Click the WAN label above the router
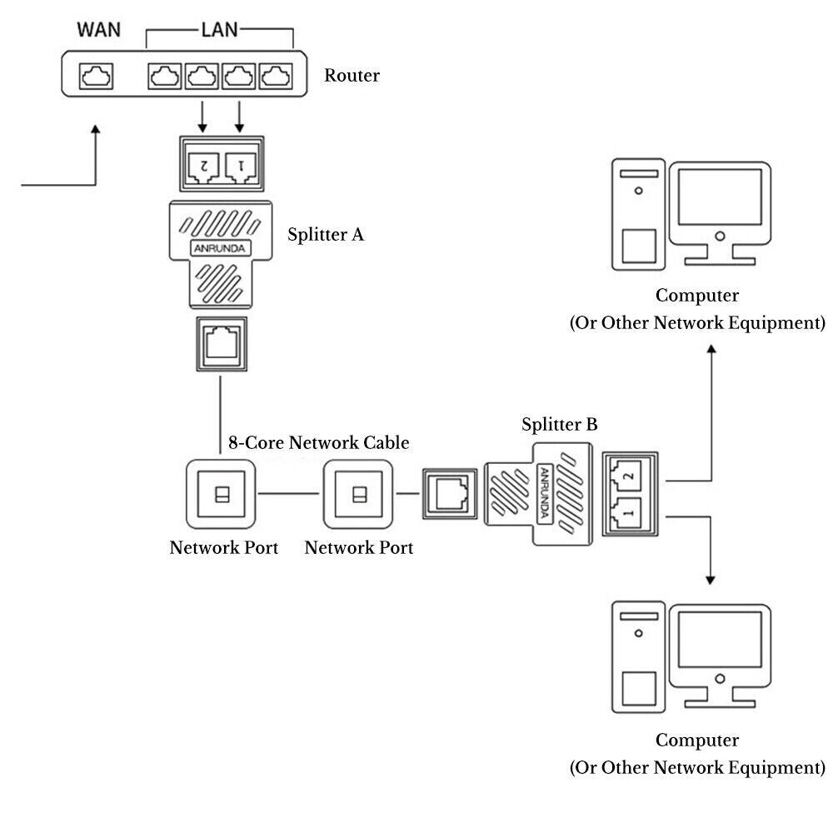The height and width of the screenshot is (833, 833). pos(98,30)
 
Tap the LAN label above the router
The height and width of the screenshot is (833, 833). pos(220,31)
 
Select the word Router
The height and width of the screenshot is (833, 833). pos(352,76)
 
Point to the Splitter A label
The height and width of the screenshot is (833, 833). pos(326,234)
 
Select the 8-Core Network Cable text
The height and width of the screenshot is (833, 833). pos(319,442)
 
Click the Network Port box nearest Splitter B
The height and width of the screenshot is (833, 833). pos(358,493)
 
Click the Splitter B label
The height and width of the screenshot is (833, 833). pos(560,425)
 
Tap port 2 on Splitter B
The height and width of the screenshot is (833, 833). pos(627,476)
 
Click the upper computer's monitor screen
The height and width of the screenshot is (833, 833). pos(718,198)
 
